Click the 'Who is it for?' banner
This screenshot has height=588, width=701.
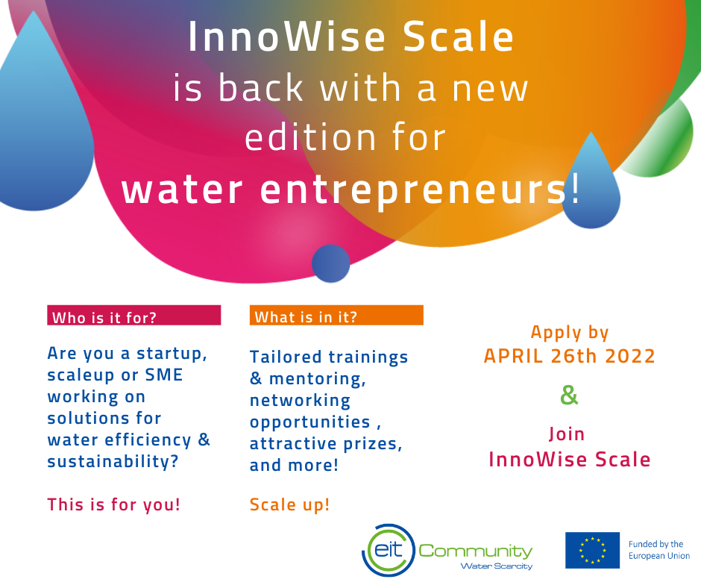point(133,315)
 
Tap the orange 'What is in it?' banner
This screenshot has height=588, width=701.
point(336,315)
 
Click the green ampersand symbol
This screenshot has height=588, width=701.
point(569,395)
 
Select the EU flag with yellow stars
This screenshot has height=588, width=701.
point(592,550)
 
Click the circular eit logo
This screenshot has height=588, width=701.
point(388,550)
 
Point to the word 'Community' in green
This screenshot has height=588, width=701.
point(475,551)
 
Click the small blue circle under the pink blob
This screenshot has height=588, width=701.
point(331,263)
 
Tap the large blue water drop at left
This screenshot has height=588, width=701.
point(43,116)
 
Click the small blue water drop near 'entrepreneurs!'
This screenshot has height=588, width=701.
point(591,181)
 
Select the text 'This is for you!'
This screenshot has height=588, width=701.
point(114,504)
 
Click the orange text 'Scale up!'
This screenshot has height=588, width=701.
point(289,504)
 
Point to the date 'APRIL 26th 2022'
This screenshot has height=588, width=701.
point(570,356)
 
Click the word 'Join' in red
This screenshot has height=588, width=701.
point(567,434)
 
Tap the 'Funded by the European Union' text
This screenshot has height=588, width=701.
point(659,550)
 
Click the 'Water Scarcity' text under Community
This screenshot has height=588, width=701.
point(497,566)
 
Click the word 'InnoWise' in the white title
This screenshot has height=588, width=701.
point(286,37)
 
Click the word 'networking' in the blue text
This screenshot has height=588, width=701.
point(300,401)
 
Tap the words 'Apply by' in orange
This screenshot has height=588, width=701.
point(570,333)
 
